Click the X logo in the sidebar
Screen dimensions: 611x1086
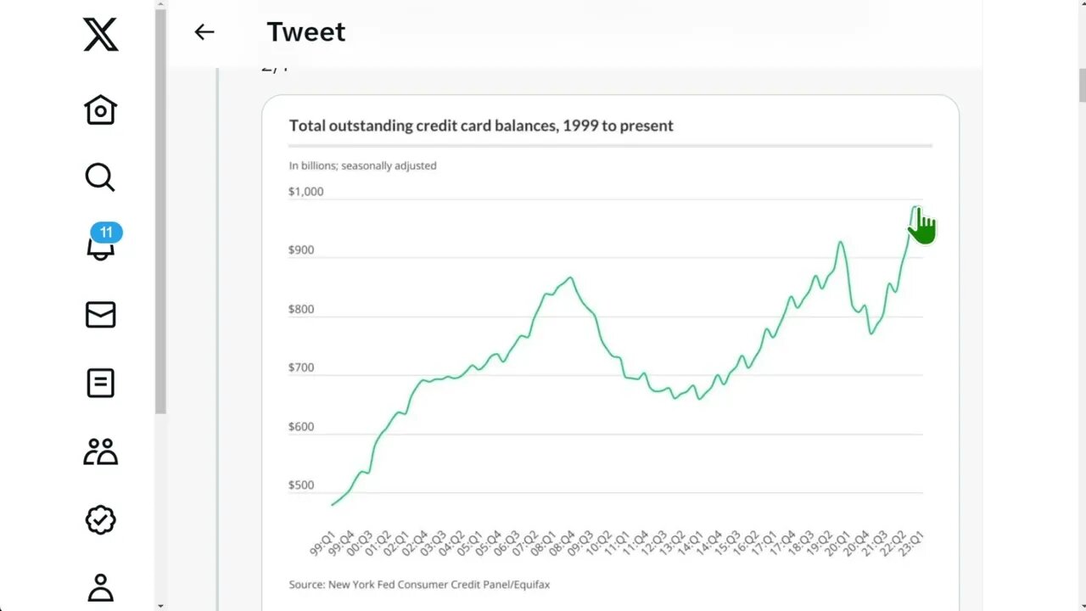tap(101, 34)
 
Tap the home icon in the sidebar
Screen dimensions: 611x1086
tap(100, 109)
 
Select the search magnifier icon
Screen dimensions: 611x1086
tap(99, 177)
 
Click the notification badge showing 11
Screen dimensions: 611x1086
tap(106, 233)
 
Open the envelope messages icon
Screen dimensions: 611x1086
tap(100, 315)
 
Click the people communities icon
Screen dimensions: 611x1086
tap(100, 451)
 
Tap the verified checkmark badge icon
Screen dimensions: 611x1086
tap(100, 519)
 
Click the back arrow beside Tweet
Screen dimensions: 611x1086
tap(204, 32)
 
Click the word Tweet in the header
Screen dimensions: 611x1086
tap(305, 32)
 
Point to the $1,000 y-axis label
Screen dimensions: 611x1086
tap(305, 192)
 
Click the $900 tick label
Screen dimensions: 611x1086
tap(302, 250)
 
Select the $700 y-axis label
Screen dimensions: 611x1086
tap(302, 367)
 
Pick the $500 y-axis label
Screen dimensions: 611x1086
tap(302, 485)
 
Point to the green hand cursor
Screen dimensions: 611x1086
tap(921, 226)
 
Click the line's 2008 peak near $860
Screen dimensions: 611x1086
tap(570, 277)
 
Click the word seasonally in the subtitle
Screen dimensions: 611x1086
tap(367, 165)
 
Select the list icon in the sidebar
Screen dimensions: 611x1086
tap(100, 383)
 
